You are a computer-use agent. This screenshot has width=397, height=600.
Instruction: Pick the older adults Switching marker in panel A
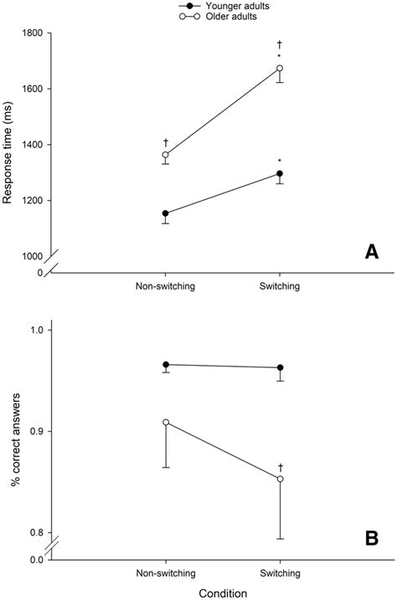coord(280,69)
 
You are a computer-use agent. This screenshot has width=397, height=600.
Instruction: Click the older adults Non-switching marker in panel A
coord(166,155)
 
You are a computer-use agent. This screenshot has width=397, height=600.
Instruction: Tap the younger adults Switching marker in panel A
coord(280,174)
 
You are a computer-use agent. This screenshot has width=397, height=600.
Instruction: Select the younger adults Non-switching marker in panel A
coord(166,213)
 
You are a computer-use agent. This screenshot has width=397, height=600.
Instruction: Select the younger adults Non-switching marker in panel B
coord(166,365)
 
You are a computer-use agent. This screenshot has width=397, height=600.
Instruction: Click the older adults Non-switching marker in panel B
coord(166,423)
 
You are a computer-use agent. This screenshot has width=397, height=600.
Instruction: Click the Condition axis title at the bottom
coord(223,592)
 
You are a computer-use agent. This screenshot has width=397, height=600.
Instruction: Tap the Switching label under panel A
coord(280,286)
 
